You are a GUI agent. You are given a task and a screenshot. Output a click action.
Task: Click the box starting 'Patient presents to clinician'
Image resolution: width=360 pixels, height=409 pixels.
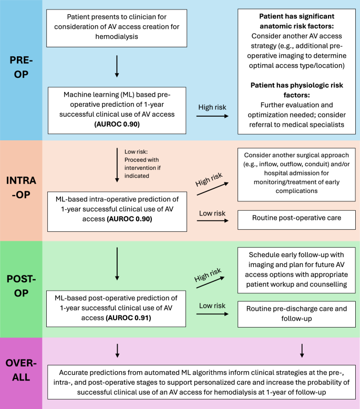tap(116, 27)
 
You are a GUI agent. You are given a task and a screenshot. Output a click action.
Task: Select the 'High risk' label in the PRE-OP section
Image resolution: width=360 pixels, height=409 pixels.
tap(212, 107)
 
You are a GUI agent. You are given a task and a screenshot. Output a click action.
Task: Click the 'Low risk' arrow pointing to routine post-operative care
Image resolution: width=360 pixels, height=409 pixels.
tap(212, 221)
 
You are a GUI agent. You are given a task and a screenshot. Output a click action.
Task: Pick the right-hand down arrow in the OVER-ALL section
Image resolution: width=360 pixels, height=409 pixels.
tap(302, 350)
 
